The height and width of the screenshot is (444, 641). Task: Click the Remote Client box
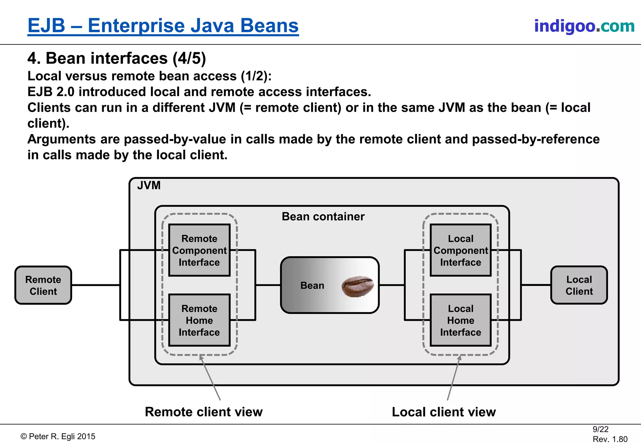[x=43, y=285]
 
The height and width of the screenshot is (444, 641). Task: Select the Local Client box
[x=579, y=285]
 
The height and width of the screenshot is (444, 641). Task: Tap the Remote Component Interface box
[x=199, y=250]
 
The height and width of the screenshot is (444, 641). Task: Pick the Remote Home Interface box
[x=199, y=320]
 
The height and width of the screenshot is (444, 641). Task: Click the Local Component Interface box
[x=460, y=250]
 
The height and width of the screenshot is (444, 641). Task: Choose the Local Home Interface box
[x=460, y=320]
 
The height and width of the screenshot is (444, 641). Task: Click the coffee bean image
[x=358, y=286]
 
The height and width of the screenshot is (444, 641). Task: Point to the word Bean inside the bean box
[x=312, y=286]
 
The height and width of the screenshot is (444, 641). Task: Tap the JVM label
[x=149, y=185]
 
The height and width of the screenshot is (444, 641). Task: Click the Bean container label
[x=323, y=216]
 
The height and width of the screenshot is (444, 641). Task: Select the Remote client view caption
[x=203, y=412]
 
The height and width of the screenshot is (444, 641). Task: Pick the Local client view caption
[x=444, y=412]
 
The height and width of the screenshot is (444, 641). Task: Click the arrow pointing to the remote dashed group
[x=210, y=378]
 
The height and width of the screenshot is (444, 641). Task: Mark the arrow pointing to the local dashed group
[x=454, y=378]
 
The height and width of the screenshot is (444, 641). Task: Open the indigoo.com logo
[x=584, y=26]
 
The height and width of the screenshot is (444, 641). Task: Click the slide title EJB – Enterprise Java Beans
[x=163, y=26]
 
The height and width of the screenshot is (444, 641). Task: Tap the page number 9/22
[x=600, y=429]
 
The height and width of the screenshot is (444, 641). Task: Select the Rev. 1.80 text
[x=610, y=439]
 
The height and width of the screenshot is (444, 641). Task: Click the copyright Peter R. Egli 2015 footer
[x=58, y=436]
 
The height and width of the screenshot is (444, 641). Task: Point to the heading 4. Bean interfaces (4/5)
[x=116, y=58]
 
